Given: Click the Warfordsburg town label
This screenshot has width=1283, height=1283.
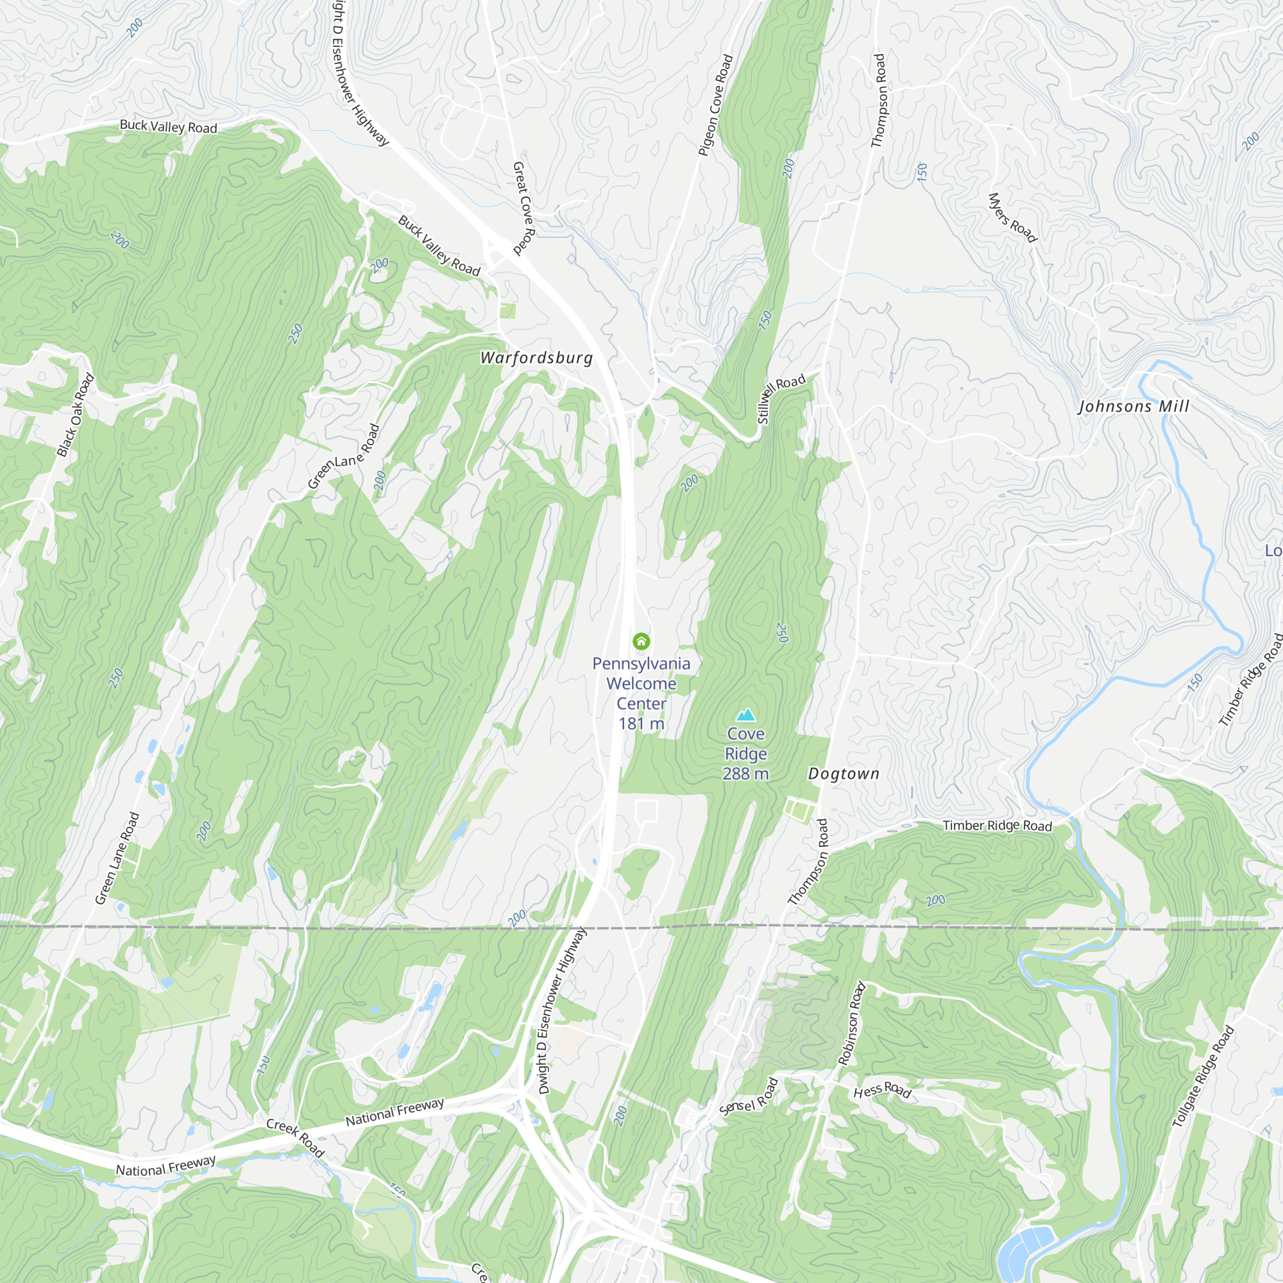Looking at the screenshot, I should click(x=536, y=358).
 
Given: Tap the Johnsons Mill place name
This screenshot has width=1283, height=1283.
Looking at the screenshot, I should click(x=1134, y=407).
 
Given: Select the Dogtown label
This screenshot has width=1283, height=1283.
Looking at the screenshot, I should click(x=844, y=774).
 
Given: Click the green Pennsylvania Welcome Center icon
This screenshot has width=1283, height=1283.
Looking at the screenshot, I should click(x=641, y=641).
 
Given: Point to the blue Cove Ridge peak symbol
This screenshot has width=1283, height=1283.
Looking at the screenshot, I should click(x=746, y=715).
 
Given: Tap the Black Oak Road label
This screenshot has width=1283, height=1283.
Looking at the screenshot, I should click(x=76, y=416).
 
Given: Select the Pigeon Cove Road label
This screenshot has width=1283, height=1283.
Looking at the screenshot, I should click(x=715, y=105).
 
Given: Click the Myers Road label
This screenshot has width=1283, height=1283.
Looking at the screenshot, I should click(x=1012, y=218).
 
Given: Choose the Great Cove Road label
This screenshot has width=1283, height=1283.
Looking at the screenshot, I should click(x=524, y=208).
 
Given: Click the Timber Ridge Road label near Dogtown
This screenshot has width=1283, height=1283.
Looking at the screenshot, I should click(x=998, y=826).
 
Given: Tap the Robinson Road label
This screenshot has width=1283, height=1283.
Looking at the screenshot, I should click(x=851, y=1023).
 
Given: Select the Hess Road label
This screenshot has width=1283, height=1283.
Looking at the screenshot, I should click(x=882, y=1091).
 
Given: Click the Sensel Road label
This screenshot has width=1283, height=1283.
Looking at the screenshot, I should click(x=749, y=1096).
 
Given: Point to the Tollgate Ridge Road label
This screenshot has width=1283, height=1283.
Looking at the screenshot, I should click(x=1203, y=1076).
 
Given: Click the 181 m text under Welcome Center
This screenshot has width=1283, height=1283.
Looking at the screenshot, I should click(x=641, y=724).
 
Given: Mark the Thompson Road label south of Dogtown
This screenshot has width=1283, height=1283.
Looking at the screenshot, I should click(x=808, y=862).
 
